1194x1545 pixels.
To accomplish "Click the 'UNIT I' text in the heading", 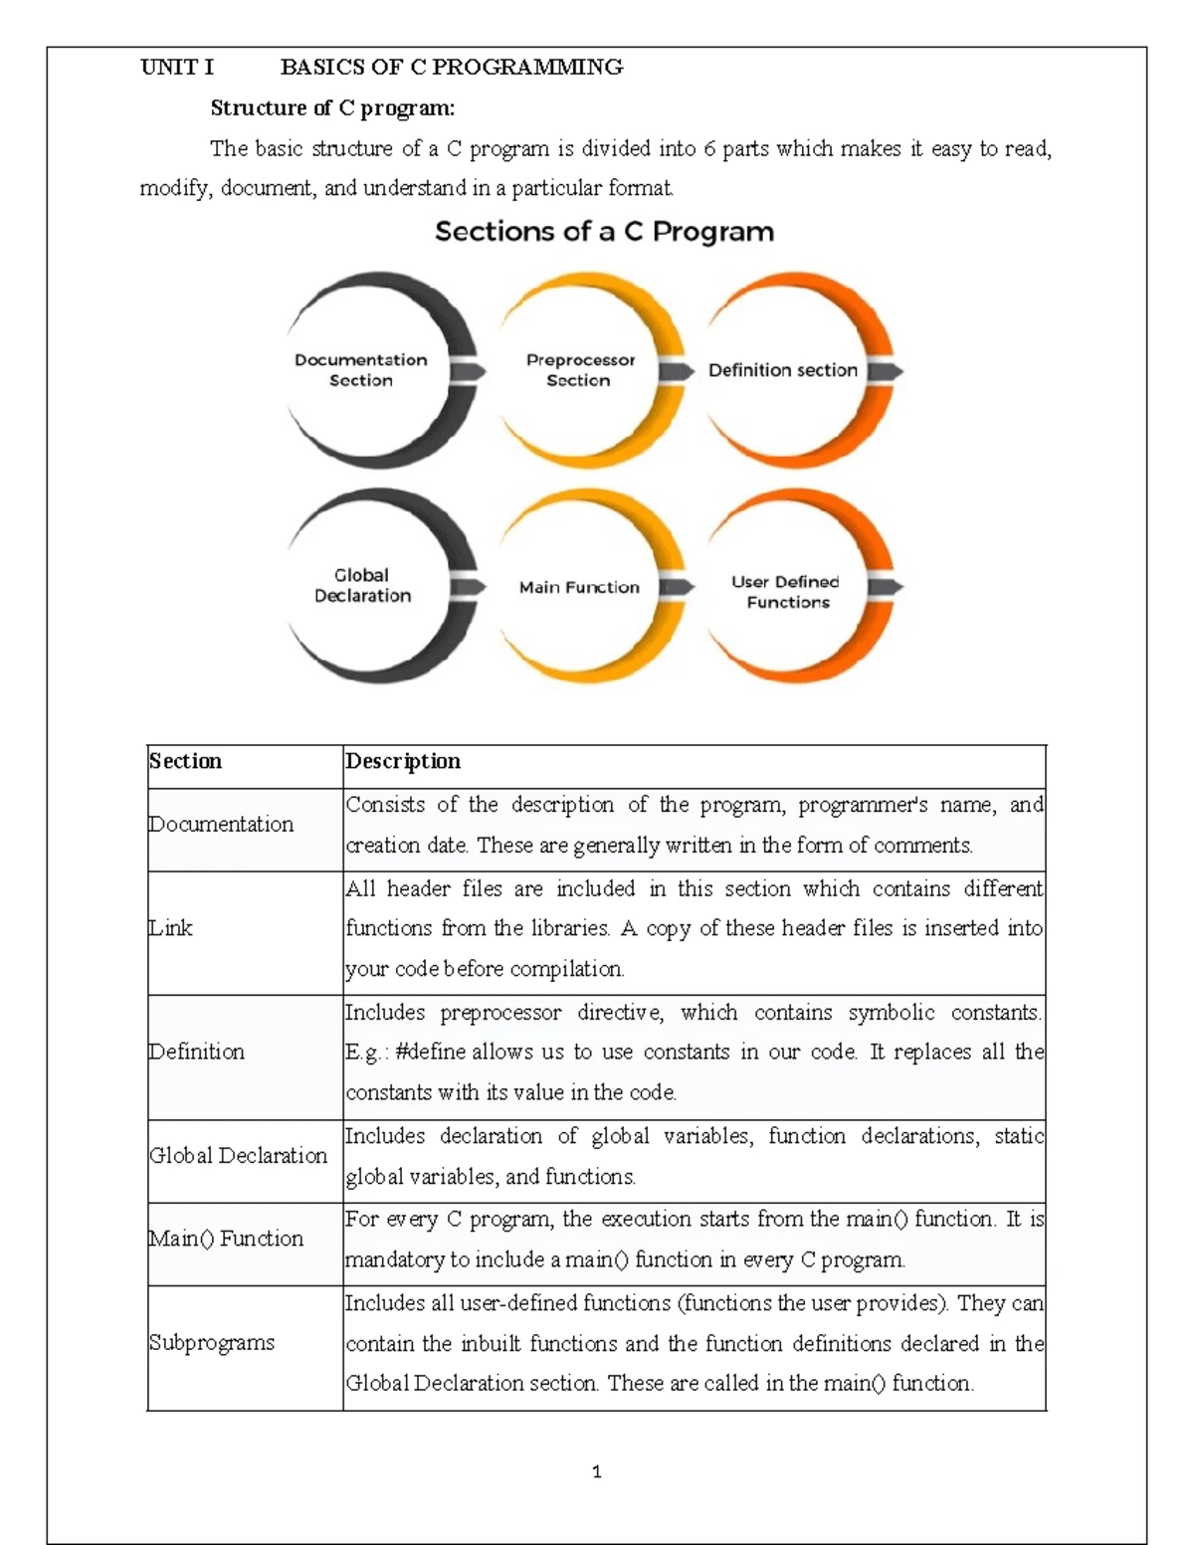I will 177,68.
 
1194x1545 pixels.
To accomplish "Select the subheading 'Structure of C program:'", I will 332,107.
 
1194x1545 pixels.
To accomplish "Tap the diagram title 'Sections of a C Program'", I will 604,232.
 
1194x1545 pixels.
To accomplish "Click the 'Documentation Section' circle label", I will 360,370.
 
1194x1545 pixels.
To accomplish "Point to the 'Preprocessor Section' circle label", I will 580,370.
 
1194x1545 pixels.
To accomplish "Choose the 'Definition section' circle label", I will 782,370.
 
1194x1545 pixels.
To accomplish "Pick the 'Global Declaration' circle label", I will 362,585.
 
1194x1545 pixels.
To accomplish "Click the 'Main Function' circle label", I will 579,587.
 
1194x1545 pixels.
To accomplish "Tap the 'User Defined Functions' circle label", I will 786,592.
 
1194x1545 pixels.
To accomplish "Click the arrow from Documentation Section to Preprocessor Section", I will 468,371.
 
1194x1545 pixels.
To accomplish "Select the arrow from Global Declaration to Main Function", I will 468,587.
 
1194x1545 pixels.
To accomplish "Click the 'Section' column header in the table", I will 185,761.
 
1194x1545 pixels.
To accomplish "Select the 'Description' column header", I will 402,761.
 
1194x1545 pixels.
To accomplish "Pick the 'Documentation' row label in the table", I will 221,825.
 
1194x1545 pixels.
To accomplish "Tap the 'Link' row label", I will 170,928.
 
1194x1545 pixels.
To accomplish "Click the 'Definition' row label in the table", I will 196,1052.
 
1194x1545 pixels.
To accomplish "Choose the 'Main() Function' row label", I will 226,1239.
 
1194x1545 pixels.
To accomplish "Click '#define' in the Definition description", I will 430,1052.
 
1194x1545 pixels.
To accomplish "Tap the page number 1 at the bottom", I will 596,1472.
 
